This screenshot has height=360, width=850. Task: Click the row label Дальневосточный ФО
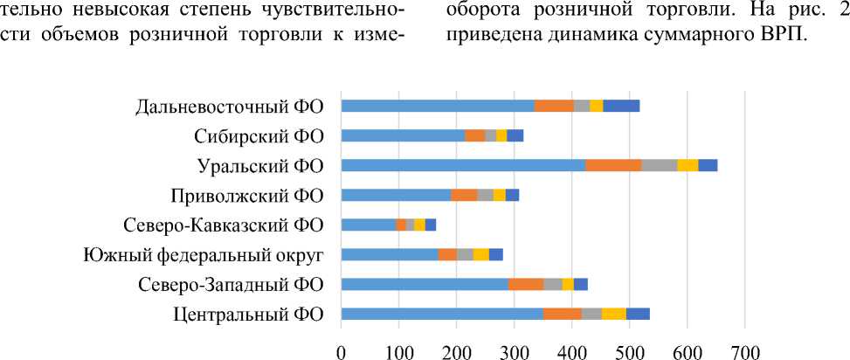[x=230, y=107]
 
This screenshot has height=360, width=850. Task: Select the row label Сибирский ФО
[x=259, y=135]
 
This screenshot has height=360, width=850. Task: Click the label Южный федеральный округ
[x=204, y=254]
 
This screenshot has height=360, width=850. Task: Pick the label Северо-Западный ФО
[x=230, y=284]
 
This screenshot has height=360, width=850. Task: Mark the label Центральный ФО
[x=248, y=314]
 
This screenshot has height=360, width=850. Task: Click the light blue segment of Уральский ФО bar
[x=463, y=165]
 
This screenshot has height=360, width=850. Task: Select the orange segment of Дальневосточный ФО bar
[x=554, y=107]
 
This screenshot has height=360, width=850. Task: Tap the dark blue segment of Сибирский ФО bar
[x=515, y=135]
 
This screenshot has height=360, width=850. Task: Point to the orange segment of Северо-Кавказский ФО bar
[x=401, y=225]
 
